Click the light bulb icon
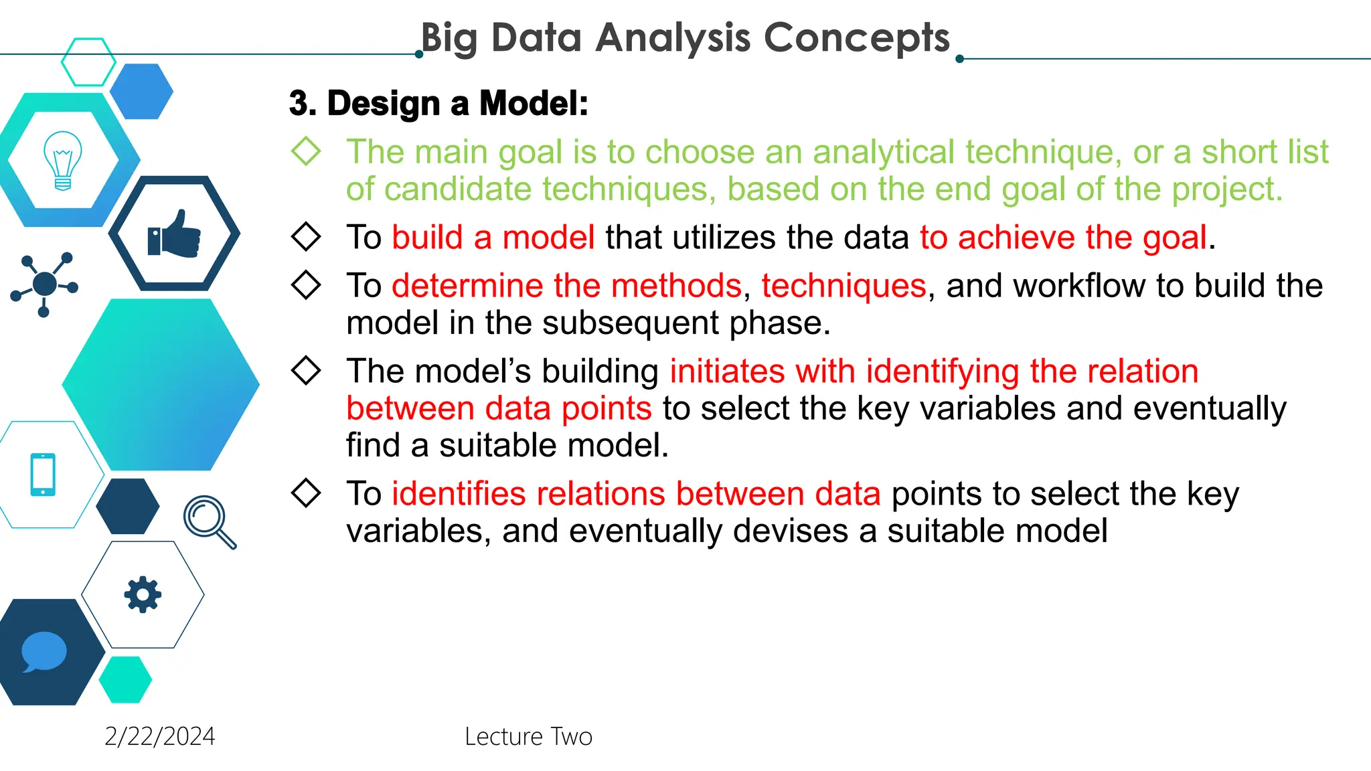[x=63, y=161]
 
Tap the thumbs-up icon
[x=174, y=234]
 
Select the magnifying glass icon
[x=209, y=521]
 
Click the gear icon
[x=143, y=594]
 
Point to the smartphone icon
[x=43, y=475]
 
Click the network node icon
[x=45, y=284]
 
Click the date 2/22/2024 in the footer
[x=159, y=736]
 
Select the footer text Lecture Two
[x=528, y=736]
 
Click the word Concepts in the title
[x=856, y=37]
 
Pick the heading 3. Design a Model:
[x=438, y=104]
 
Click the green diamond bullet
[x=306, y=151]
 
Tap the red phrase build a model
[x=493, y=238]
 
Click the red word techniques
[x=843, y=286]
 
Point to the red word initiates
[x=727, y=371]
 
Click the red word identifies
[x=459, y=494]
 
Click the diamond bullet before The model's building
[x=306, y=370]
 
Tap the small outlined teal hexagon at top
[x=88, y=62]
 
